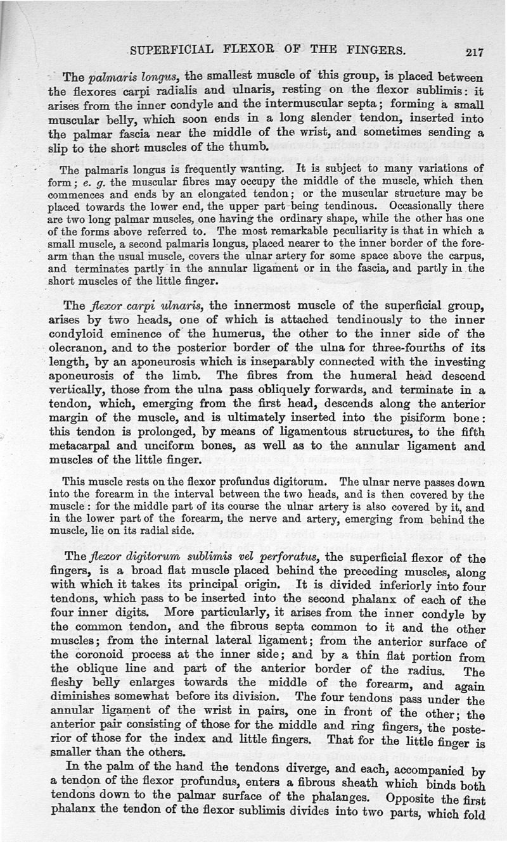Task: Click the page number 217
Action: [x=474, y=53]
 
